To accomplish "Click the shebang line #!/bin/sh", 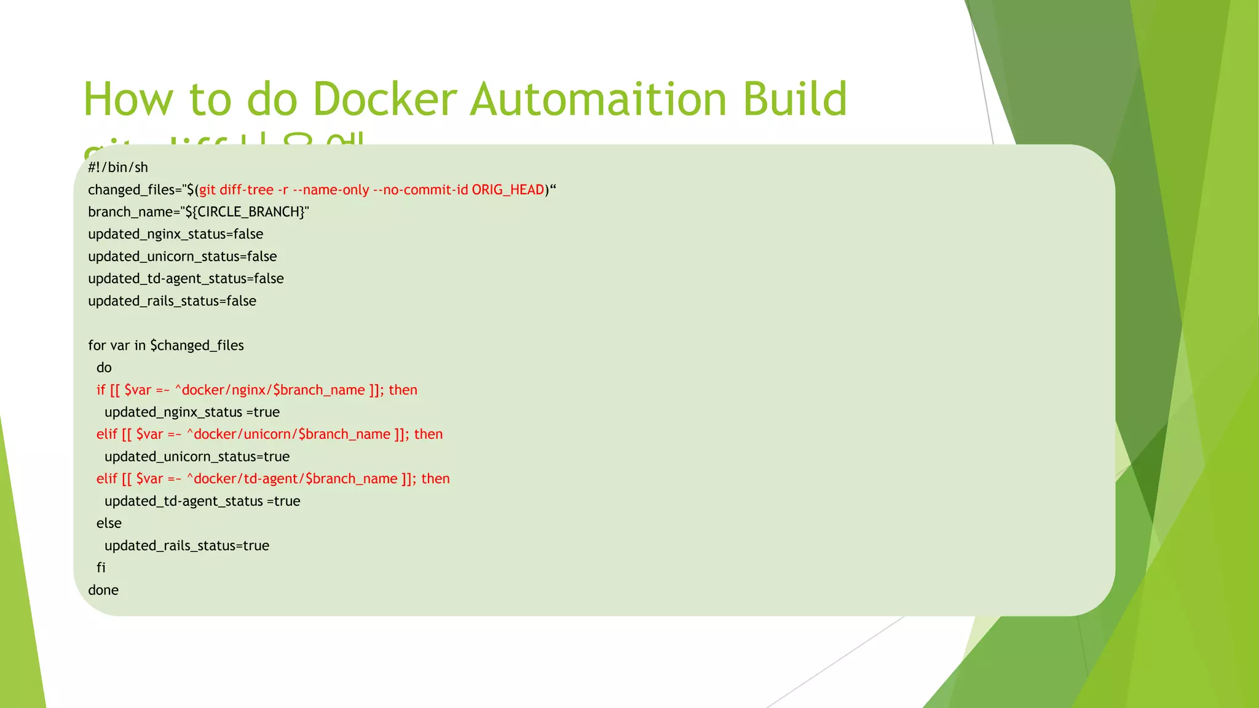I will pyautogui.click(x=118, y=167).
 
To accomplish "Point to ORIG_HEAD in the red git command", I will pyautogui.click(x=508, y=190).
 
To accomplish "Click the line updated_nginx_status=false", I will pyautogui.click(x=175, y=234).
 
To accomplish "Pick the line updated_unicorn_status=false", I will pyautogui.click(x=182, y=256).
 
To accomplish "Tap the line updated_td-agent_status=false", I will pyautogui.click(x=186, y=278).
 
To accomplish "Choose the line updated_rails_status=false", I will pyautogui.click(x=172, y=301).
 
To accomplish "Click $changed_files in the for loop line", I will pyautogui.click(x=197, y=345).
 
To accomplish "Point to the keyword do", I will pyautogui.click(x=104, y=368).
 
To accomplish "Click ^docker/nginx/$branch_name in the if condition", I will pyautogui.click(x=270, y=390).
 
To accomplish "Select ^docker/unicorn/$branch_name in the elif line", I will pyautogui.click(x=288, y=435).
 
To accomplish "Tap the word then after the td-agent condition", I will pyautogui.click(x=435, y=479).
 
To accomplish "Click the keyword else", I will pyautogui.click(x=109, y=523).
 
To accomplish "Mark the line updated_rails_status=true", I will pyautogui.click(x=187, y=546).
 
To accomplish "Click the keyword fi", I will pyautogui.click(x=101, y=568).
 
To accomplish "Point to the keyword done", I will pyautogui.click(x=103, y=590).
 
